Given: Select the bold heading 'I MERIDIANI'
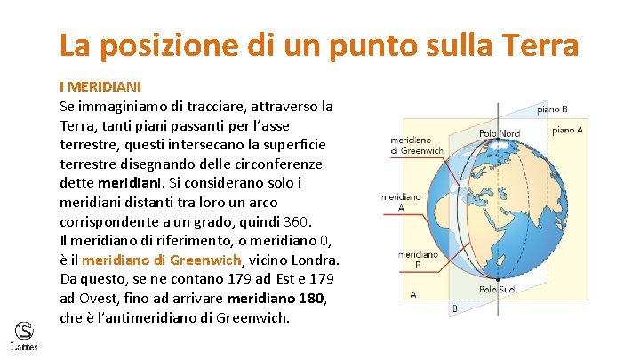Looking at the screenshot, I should (100, 88).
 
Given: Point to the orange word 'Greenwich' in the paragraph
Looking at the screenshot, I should (206, 260).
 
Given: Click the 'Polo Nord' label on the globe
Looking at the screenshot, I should (499, 133).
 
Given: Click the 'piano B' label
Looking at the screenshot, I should (552, 109).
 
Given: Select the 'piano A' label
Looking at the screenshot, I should (567, 130).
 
